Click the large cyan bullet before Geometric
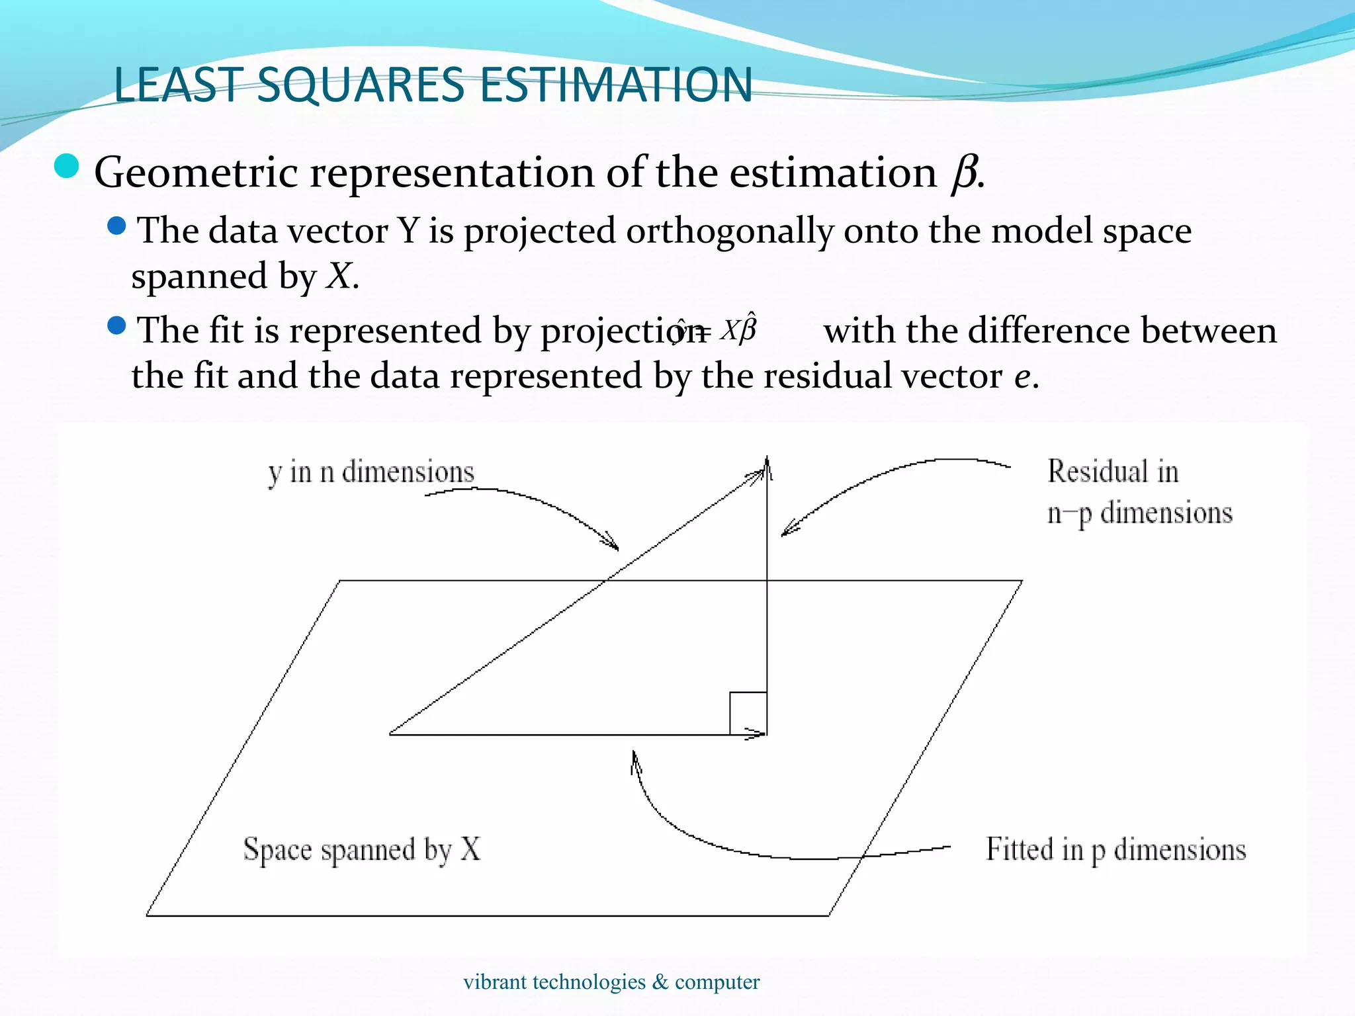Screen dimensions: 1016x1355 [x=66, y=166]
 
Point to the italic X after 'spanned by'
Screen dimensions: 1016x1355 [x=339, y=276]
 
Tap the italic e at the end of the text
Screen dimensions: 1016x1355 [x=1022, y=376]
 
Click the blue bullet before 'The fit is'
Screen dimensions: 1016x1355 [x=116, y=325]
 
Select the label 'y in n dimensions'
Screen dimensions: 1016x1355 [x=371, y=472]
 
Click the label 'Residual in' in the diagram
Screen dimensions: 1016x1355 [x=1113, y=472]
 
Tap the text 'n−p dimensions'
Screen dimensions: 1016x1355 [x=1139, y=513]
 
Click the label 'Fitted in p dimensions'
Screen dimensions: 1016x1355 [x=1115, y=849]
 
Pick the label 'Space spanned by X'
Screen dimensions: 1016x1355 [x=362, y=849]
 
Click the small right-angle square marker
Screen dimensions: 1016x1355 [x=748, y=713]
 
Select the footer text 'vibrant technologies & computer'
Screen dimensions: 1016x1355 [x=611, y=982]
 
